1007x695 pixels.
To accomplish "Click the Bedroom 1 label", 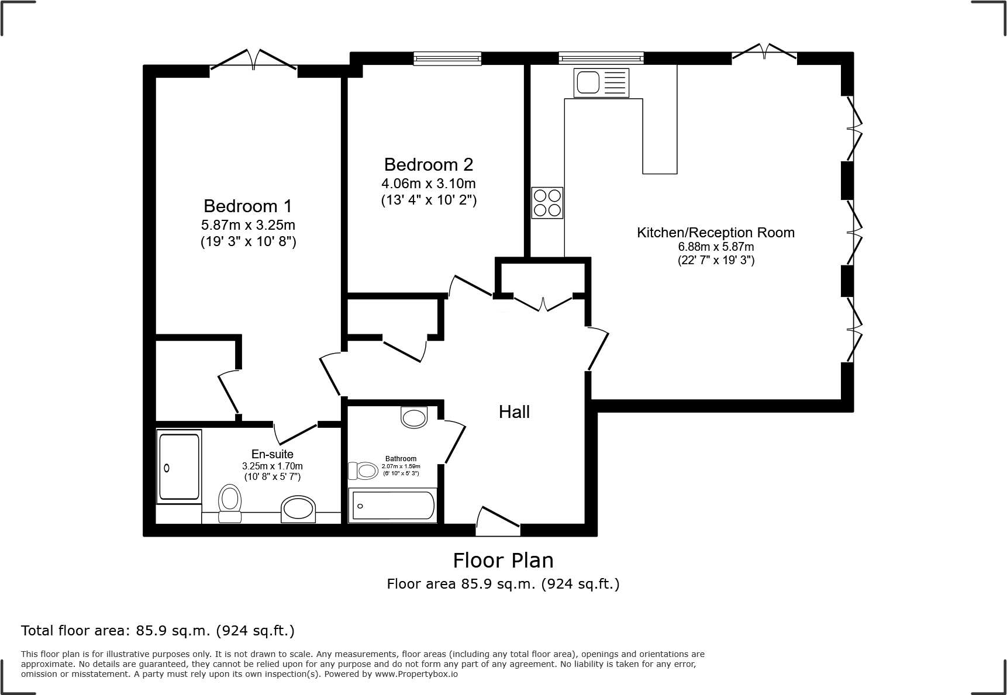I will [x=247, y=206].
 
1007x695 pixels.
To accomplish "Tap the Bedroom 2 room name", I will [x=428, y=164].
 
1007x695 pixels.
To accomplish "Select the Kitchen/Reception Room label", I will [x=715, y=232].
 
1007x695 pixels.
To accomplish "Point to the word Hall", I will [x=514, y=412].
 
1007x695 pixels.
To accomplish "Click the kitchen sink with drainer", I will [x=602, y=82].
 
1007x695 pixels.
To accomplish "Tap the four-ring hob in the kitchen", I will [x=547, y=202].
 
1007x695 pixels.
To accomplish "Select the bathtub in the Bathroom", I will [x=392, y=506].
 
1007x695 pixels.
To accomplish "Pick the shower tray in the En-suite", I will [x=179, y=467].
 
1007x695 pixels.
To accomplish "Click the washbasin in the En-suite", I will [x=298, y=510].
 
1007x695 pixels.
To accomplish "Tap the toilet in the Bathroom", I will [x=363, y=471].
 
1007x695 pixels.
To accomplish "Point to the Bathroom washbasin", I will [x=415, y=417].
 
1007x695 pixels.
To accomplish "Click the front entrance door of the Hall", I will [x=498, y=522].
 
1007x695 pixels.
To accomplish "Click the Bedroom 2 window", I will [x=447, y=58].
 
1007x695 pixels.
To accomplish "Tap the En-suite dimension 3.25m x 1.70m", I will [x=273, y=466].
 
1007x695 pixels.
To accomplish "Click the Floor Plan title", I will [x=503, y=560].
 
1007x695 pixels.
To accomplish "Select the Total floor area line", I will [x=158, y=631].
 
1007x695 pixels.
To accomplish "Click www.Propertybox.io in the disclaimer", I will [x=416, y=674].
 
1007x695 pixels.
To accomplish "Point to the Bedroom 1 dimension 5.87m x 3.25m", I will [x=248, y=225].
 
